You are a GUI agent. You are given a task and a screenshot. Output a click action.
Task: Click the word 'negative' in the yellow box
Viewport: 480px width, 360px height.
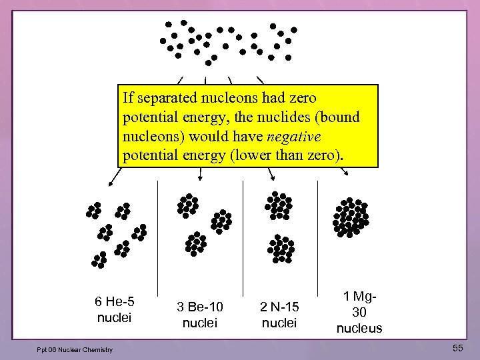coord(293,137)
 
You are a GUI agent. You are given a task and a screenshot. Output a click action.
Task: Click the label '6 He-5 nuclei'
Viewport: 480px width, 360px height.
coord(115,309)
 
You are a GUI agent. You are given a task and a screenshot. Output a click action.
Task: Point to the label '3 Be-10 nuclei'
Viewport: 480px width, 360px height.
coord(200,315)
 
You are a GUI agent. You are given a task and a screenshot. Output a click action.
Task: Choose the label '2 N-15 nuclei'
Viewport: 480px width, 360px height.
coord(279,315)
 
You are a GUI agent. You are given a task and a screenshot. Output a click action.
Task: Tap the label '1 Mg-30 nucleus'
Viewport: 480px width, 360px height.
coord(359,312)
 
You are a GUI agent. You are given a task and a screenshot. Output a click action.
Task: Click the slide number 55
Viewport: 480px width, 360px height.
coord(457,348)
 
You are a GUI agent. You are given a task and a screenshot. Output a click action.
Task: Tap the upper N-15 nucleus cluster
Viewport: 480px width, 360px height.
coord(279,206)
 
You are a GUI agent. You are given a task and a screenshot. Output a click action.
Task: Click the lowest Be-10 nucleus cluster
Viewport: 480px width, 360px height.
coord(195,244)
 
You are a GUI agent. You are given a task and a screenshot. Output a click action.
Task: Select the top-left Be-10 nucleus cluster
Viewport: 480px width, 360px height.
coord(188,205)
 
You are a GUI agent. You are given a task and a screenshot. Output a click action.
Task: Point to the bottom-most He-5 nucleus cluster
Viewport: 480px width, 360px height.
coord(99,259)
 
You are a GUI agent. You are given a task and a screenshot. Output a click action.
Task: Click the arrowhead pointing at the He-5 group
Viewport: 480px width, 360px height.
coord(111,181)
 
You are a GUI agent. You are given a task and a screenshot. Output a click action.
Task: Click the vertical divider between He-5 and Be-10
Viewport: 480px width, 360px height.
coord(157,240)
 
